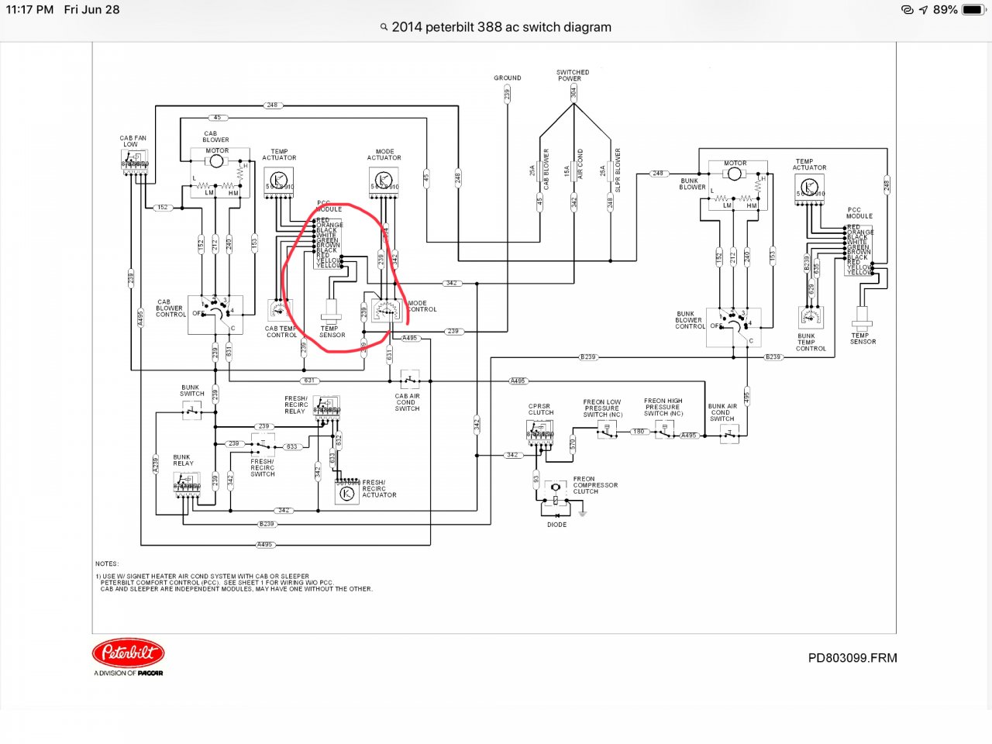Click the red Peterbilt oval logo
pos(129,653)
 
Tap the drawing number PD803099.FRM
pos(852,658)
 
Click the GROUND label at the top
pos(508,77)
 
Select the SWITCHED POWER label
pos(573,75)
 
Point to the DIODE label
pos(556,525)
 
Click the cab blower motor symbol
pos(217,160)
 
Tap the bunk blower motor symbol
pos(735,173)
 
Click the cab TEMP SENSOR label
pos(332,332)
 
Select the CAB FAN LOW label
pos(133,141)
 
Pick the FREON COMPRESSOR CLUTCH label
pos(595,485)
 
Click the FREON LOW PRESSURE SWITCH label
pos(602,408)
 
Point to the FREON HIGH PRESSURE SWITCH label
pos(663,408)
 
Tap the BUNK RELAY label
pos(182,460)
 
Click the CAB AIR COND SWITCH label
pos(407,402)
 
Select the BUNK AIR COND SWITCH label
pos(722,412)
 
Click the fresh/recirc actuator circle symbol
pos(346,494)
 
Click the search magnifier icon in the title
pos(384,27)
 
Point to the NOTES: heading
pos(107,563)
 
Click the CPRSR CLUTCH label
pos(541,409)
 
